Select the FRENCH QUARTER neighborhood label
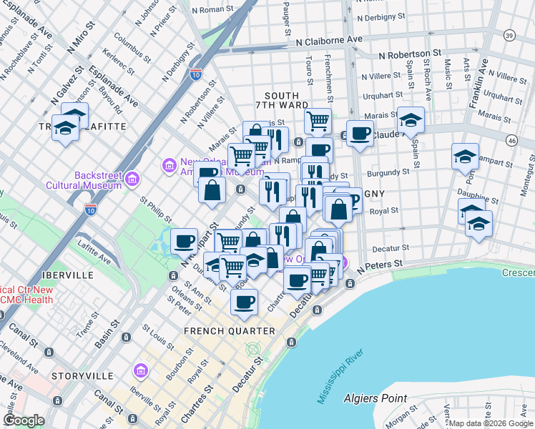229,331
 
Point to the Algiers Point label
375,398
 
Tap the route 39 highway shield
509,35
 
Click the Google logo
25,420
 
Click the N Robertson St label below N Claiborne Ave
410,54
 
